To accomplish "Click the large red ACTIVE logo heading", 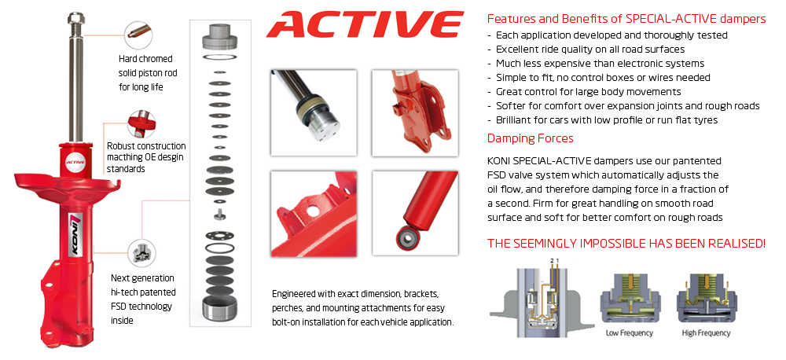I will [x=364, y=25].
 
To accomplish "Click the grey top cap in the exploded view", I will [x=221, y=37].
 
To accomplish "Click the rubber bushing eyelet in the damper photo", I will [x=406, y=235].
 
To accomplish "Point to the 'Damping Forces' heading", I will [x=530, y=138].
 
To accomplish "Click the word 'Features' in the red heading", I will [x=511, y=18].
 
